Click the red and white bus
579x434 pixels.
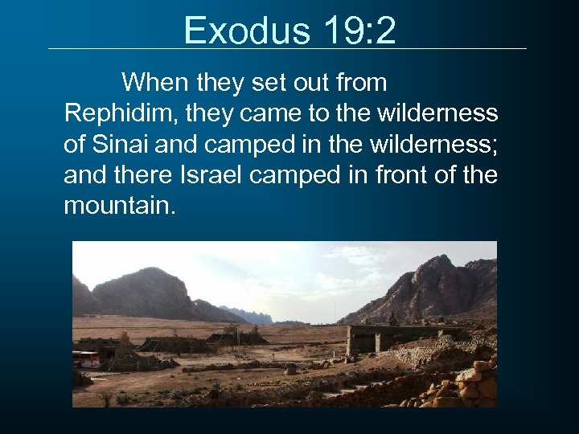point(87,358)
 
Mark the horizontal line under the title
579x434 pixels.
point(287,49)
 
